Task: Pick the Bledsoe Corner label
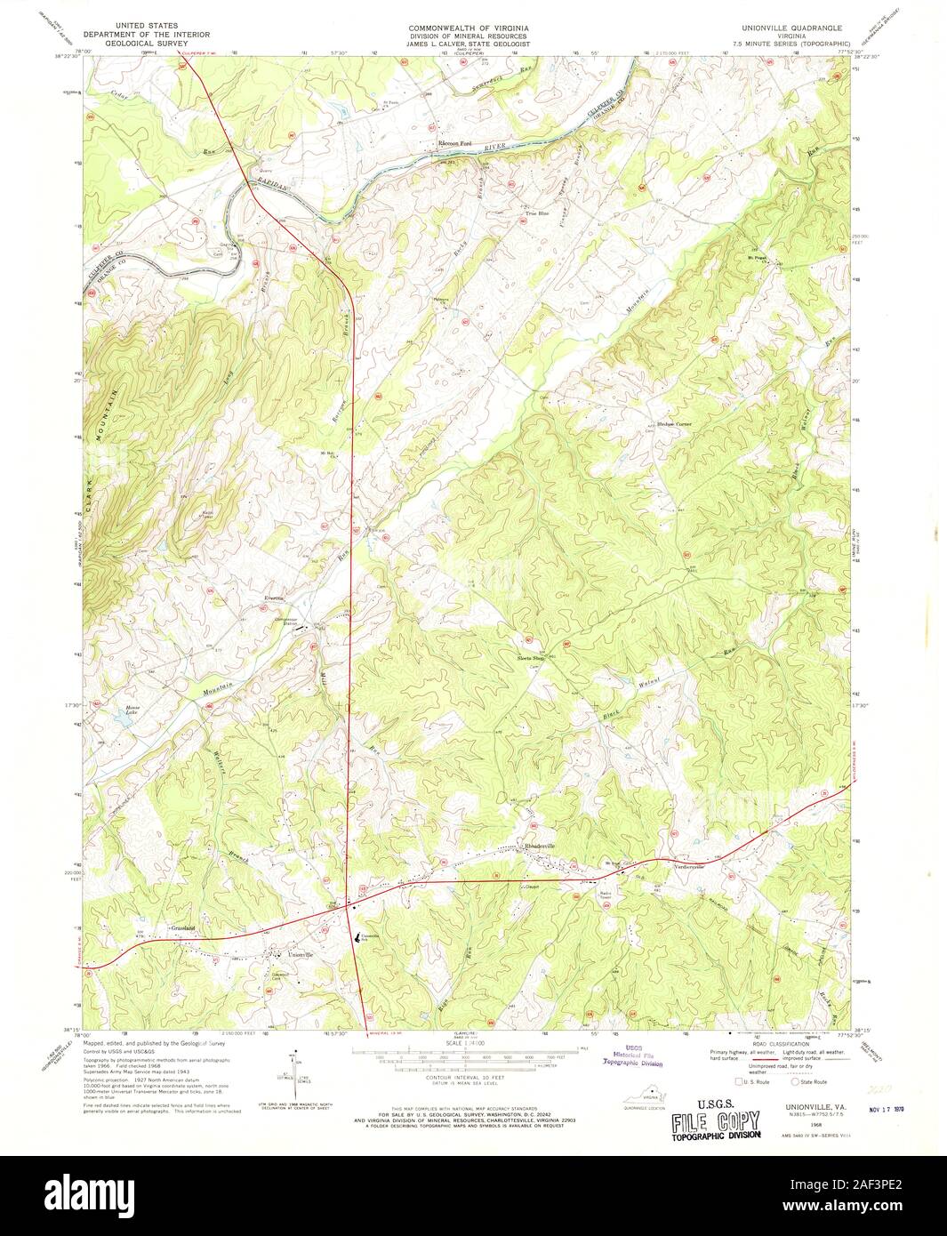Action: pos(674,424)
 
